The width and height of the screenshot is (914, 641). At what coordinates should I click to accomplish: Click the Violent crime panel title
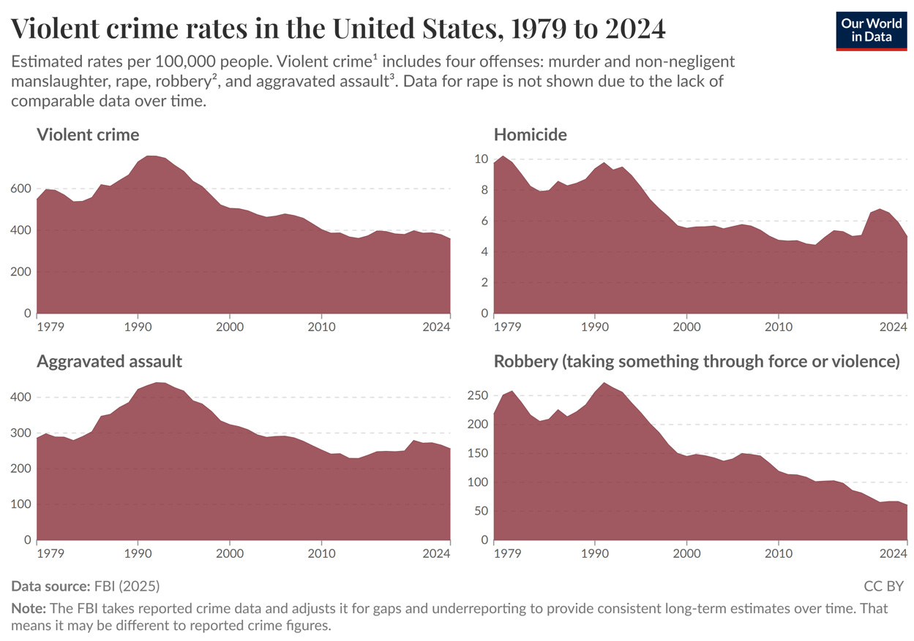pos(88,134)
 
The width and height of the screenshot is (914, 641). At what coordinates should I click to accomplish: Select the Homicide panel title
pos(530,134)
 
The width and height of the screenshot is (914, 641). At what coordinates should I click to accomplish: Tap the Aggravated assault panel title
pos(109,361)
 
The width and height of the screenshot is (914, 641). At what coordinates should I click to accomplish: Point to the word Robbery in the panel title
pos(525,361)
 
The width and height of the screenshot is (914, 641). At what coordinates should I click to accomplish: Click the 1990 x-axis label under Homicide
pos(595,327)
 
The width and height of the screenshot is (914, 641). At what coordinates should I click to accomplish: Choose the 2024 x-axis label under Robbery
pos(893,553)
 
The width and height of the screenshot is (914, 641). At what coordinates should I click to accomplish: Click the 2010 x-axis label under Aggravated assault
pos(321,553)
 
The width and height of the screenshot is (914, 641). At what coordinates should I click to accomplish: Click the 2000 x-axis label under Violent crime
pos(230,327)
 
